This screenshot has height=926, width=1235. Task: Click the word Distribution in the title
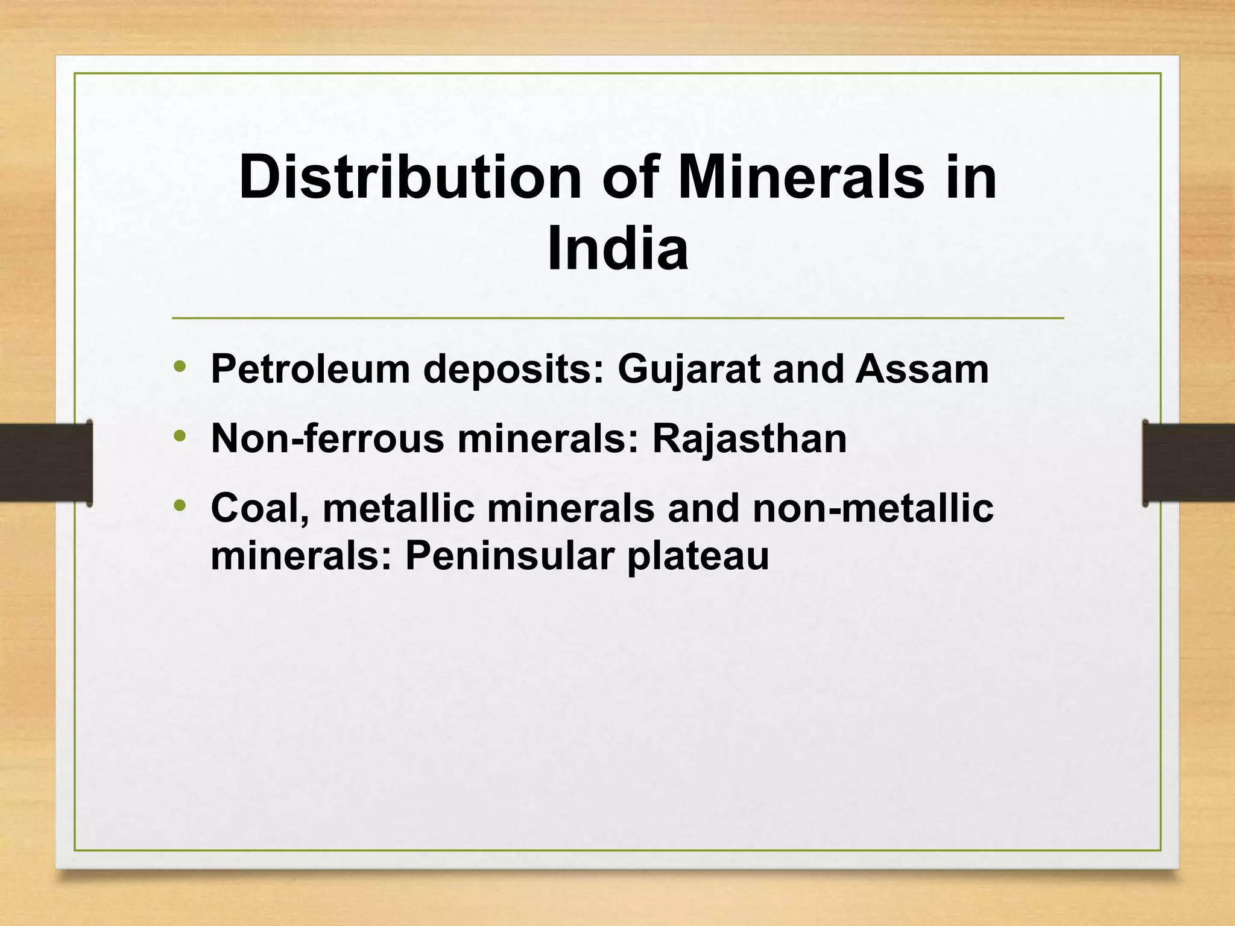410,178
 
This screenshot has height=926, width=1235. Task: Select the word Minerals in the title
800,178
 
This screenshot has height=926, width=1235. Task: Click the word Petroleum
310,369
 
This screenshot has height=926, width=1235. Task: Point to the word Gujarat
688,369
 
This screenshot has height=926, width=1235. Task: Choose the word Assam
922,369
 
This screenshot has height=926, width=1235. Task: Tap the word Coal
260,508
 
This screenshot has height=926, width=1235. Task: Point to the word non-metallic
873,508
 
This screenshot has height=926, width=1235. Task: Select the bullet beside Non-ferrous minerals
180,436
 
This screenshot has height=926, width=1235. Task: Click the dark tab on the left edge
45,462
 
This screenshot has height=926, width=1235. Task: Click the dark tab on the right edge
1189,462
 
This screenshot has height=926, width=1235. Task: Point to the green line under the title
617,318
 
